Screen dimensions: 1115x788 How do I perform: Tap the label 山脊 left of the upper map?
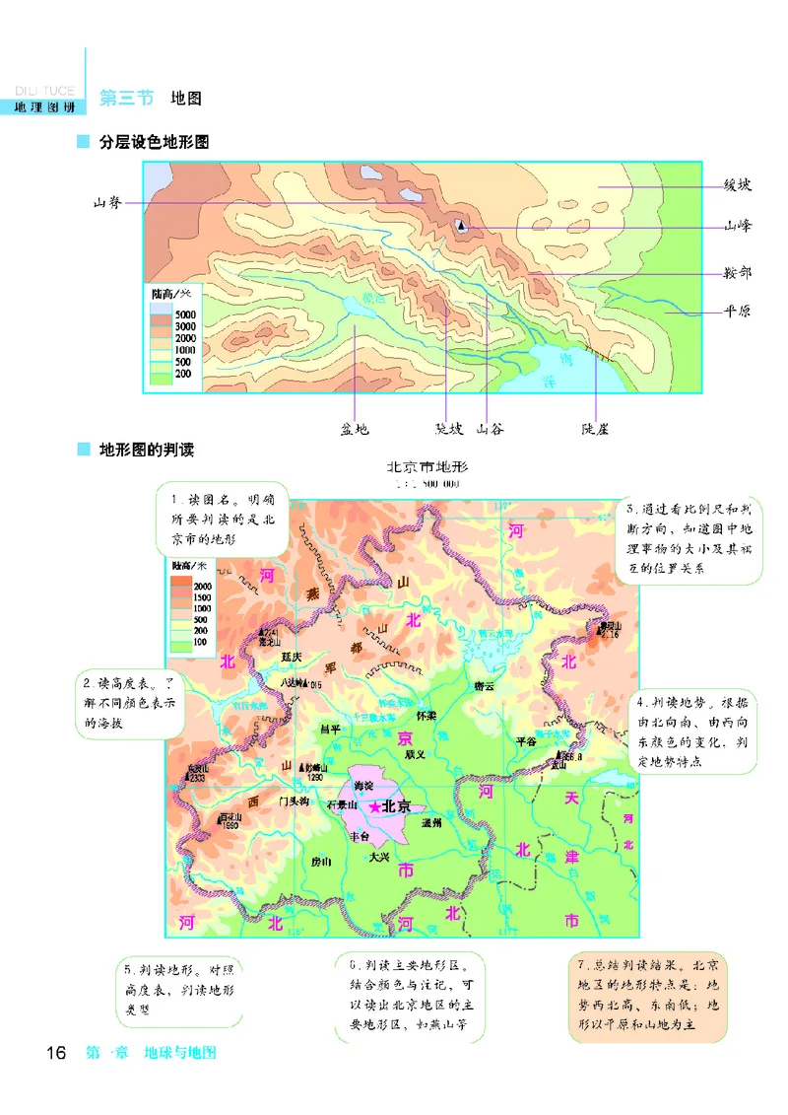click(107, 203)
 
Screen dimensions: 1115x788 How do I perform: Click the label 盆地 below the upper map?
click(355, 429)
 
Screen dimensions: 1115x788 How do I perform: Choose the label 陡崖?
click(596, 429)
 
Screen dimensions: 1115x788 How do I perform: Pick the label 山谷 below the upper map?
click(490, 429)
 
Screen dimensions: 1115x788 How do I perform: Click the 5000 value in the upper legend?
click(185, 314)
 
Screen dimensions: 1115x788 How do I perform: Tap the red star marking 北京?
click(374, 806)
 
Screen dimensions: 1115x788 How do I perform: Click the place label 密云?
click(484, 685)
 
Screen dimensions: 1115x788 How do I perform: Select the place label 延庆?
click(291, 656)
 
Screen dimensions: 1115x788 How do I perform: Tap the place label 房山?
click(321, 861)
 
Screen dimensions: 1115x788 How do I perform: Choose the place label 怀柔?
click(427, 715)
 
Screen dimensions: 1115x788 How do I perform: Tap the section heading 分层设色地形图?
click(155, 142)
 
